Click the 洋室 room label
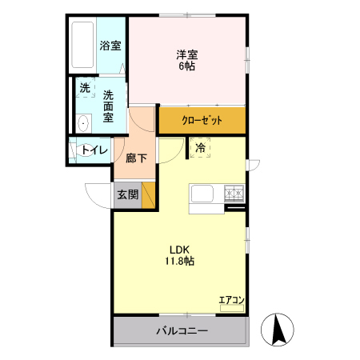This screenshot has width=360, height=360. tap(187, 54)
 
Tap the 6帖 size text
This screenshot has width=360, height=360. tap(187, 66)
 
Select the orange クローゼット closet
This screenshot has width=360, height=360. tap(202, 120)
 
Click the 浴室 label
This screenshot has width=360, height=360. tap(110, 46)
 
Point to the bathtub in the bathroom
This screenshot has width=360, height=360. tap(82, 46)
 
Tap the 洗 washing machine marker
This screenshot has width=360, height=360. tap(85, 88)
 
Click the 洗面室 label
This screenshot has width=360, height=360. tap(110, 106)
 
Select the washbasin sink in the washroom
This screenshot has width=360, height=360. tap(82, 122)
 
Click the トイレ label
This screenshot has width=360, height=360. tap(94, 149)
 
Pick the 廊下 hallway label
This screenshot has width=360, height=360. tap(136, 158)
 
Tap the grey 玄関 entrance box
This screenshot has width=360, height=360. tap(127, 194)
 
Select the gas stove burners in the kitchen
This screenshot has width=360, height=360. tap(234, 192)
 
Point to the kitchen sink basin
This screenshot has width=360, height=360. tap(201, 194)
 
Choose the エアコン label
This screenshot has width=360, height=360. tap(232, 300)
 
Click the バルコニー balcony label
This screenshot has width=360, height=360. tap(182, 330)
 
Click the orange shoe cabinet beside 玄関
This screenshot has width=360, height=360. tap(148, 195)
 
